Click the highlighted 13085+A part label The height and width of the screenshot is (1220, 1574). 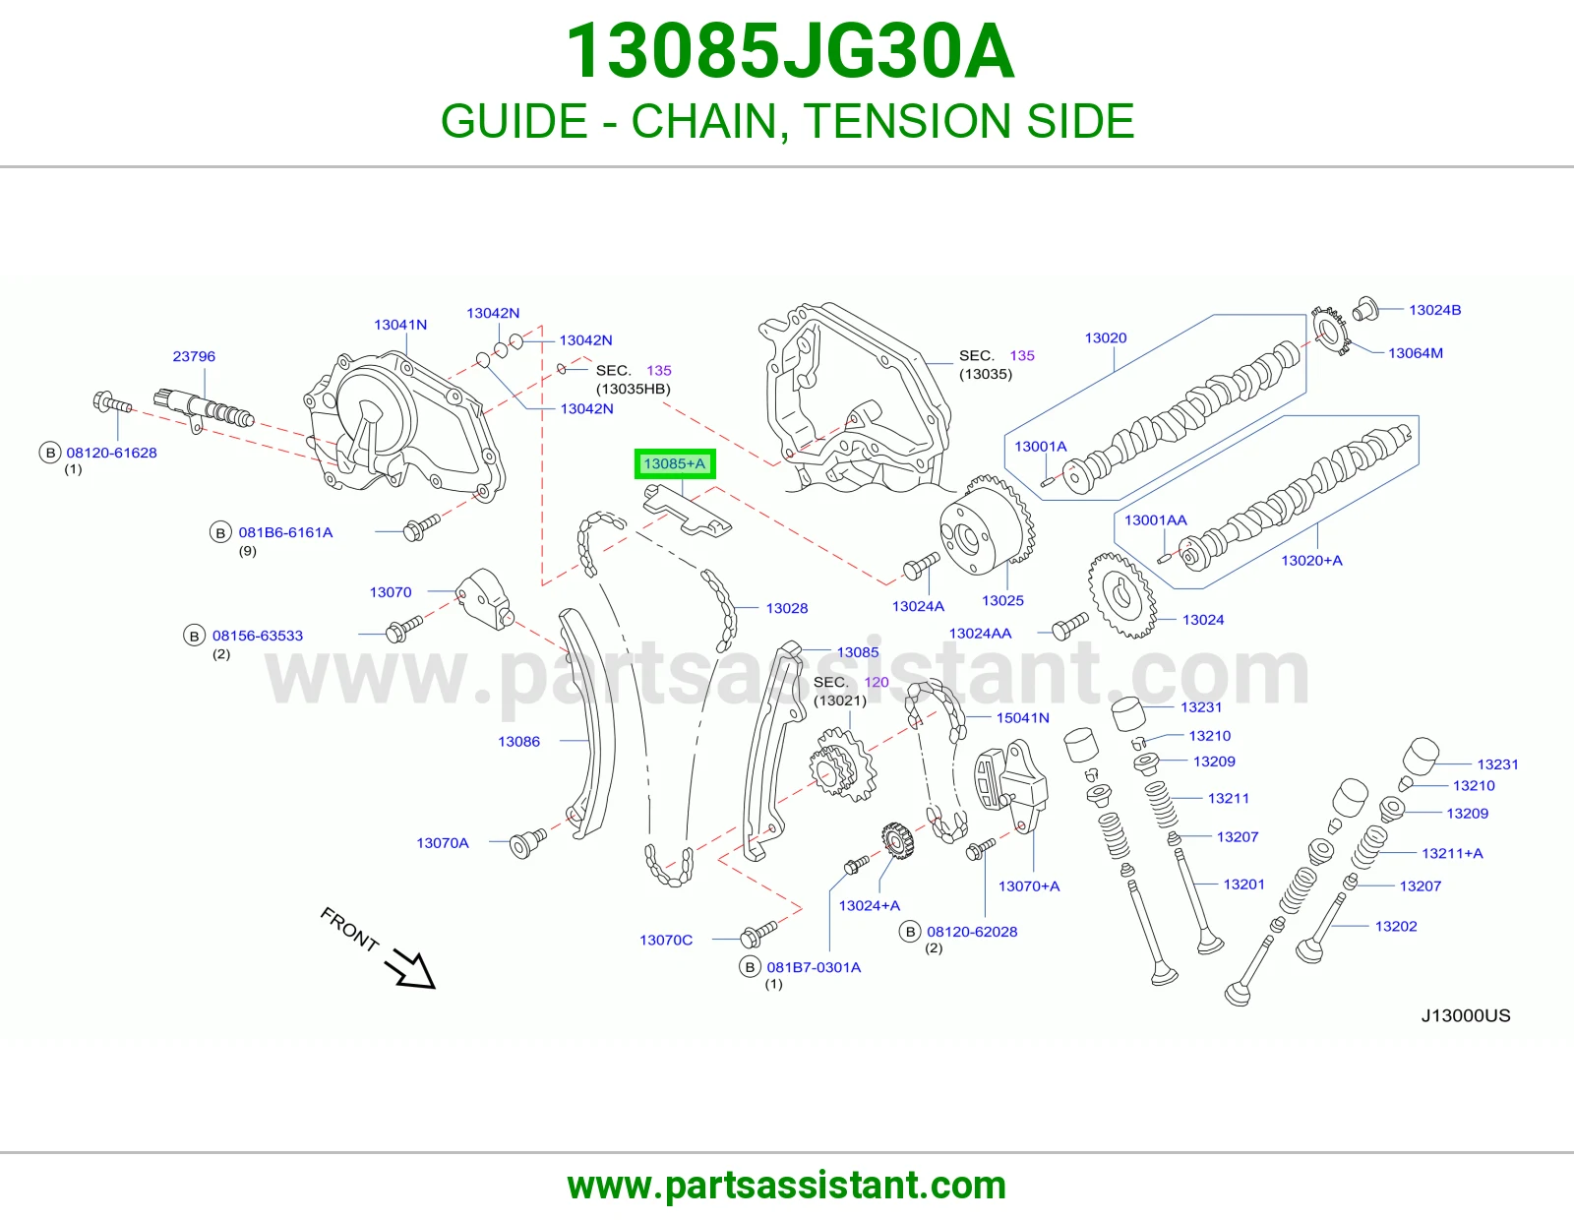pos(675,463)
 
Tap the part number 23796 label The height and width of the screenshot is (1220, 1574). pos(194,356)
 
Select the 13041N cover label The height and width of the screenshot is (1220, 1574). pos(399,325)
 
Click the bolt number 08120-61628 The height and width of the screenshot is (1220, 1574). pos(111,453)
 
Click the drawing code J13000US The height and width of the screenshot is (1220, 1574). pos(1466,1015)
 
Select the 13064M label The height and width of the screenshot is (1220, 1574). pos(1416,353)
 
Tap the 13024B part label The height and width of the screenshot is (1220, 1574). pos(1435,310)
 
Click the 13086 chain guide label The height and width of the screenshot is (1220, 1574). pos(518,741)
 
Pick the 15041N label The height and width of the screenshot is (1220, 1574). pos(1023,717)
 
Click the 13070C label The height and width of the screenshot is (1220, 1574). pos(666,940)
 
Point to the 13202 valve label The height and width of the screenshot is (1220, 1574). pos(1396,926)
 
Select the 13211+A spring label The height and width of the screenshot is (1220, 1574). pos(1452,853)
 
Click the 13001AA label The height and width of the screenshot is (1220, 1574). pos(1155,520)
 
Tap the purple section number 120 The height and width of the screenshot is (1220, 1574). pos(877,682)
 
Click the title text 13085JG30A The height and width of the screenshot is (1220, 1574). pos(790,51)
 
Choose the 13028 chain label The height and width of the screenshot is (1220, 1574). pos(787,608)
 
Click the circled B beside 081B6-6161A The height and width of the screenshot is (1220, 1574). pos(220,532)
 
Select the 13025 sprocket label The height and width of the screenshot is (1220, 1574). pos(1002,600)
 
